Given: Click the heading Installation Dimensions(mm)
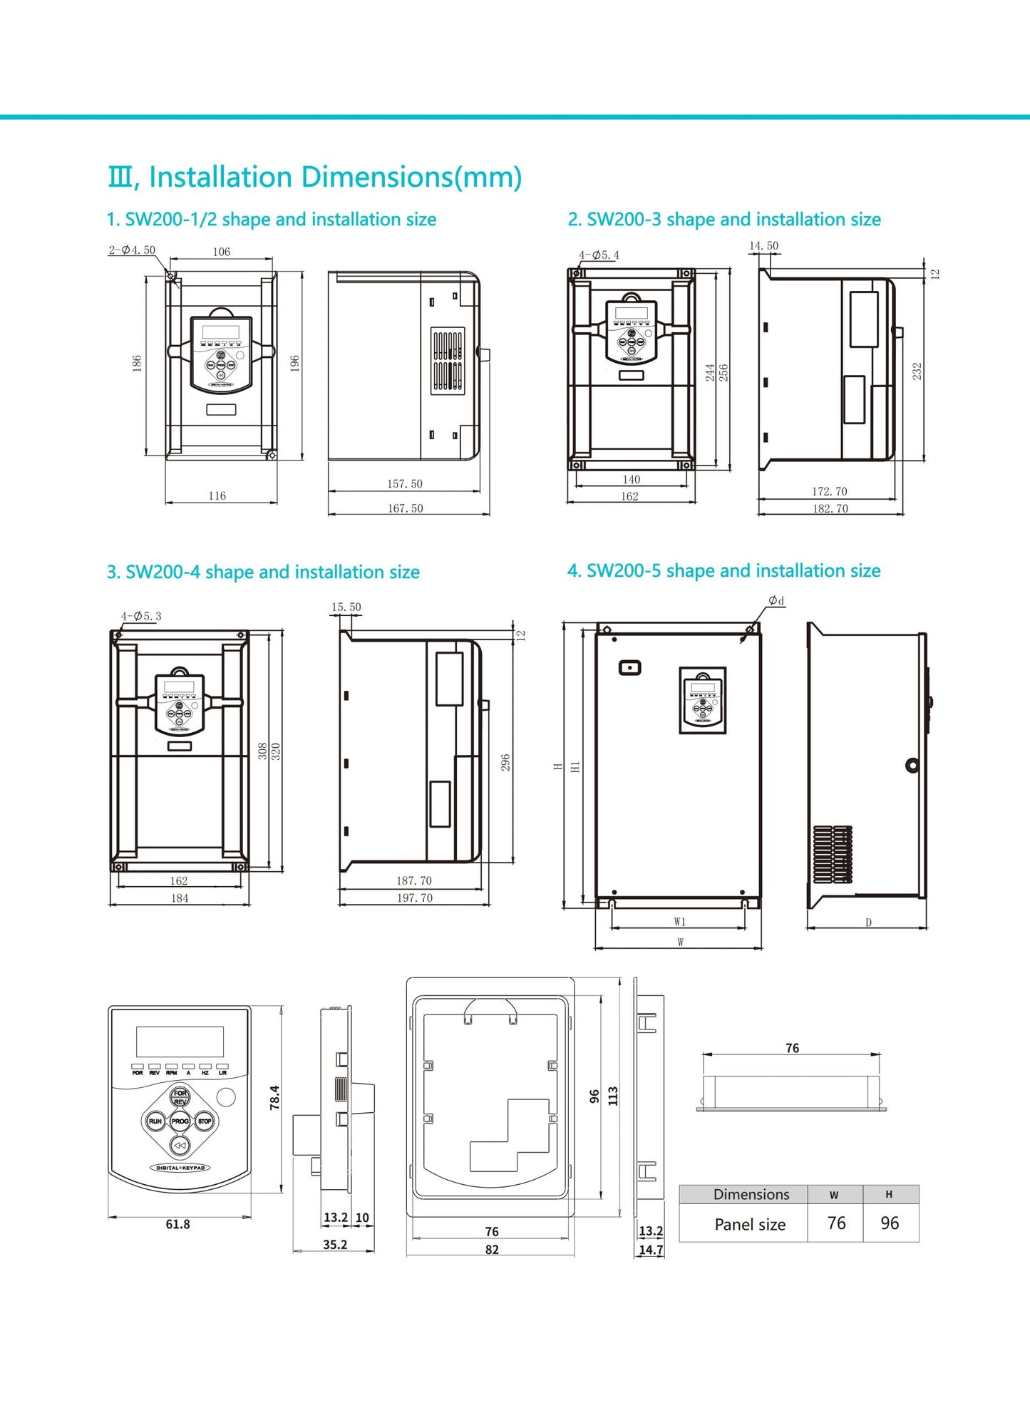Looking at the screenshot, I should [x=314, y=178].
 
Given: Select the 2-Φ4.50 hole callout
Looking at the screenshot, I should [x=132, y=250].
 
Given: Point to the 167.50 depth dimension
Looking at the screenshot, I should [x=405, y=508].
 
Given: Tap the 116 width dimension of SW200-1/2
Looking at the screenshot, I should [x=217, y=495].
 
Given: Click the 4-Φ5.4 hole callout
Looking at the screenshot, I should [x=599, y=255].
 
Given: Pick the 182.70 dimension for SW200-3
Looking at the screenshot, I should [x=830, y=508].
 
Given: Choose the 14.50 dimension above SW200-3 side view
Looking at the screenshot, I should [x=763, y=246].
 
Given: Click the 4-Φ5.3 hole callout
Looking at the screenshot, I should [x=141, y=616].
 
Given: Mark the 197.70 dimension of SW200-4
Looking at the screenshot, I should [x=414, y=898].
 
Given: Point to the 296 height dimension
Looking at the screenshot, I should [x=505, y=762].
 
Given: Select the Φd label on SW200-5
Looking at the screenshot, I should [x=776, y=601].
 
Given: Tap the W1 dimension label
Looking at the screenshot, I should [x=680, y=922].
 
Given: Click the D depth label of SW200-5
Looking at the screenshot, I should [x=868, y=923].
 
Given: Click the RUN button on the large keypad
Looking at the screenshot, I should [x=155, y=1121].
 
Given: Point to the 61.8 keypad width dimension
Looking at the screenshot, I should [x=177, y=1224].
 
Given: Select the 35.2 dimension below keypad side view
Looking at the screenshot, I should [x=335, y=1244].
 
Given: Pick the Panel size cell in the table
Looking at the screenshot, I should [x=750, y=1224].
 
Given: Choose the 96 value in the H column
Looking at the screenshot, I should [x=890, y=1223].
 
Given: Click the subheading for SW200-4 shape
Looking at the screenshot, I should [x=263, y=572].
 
